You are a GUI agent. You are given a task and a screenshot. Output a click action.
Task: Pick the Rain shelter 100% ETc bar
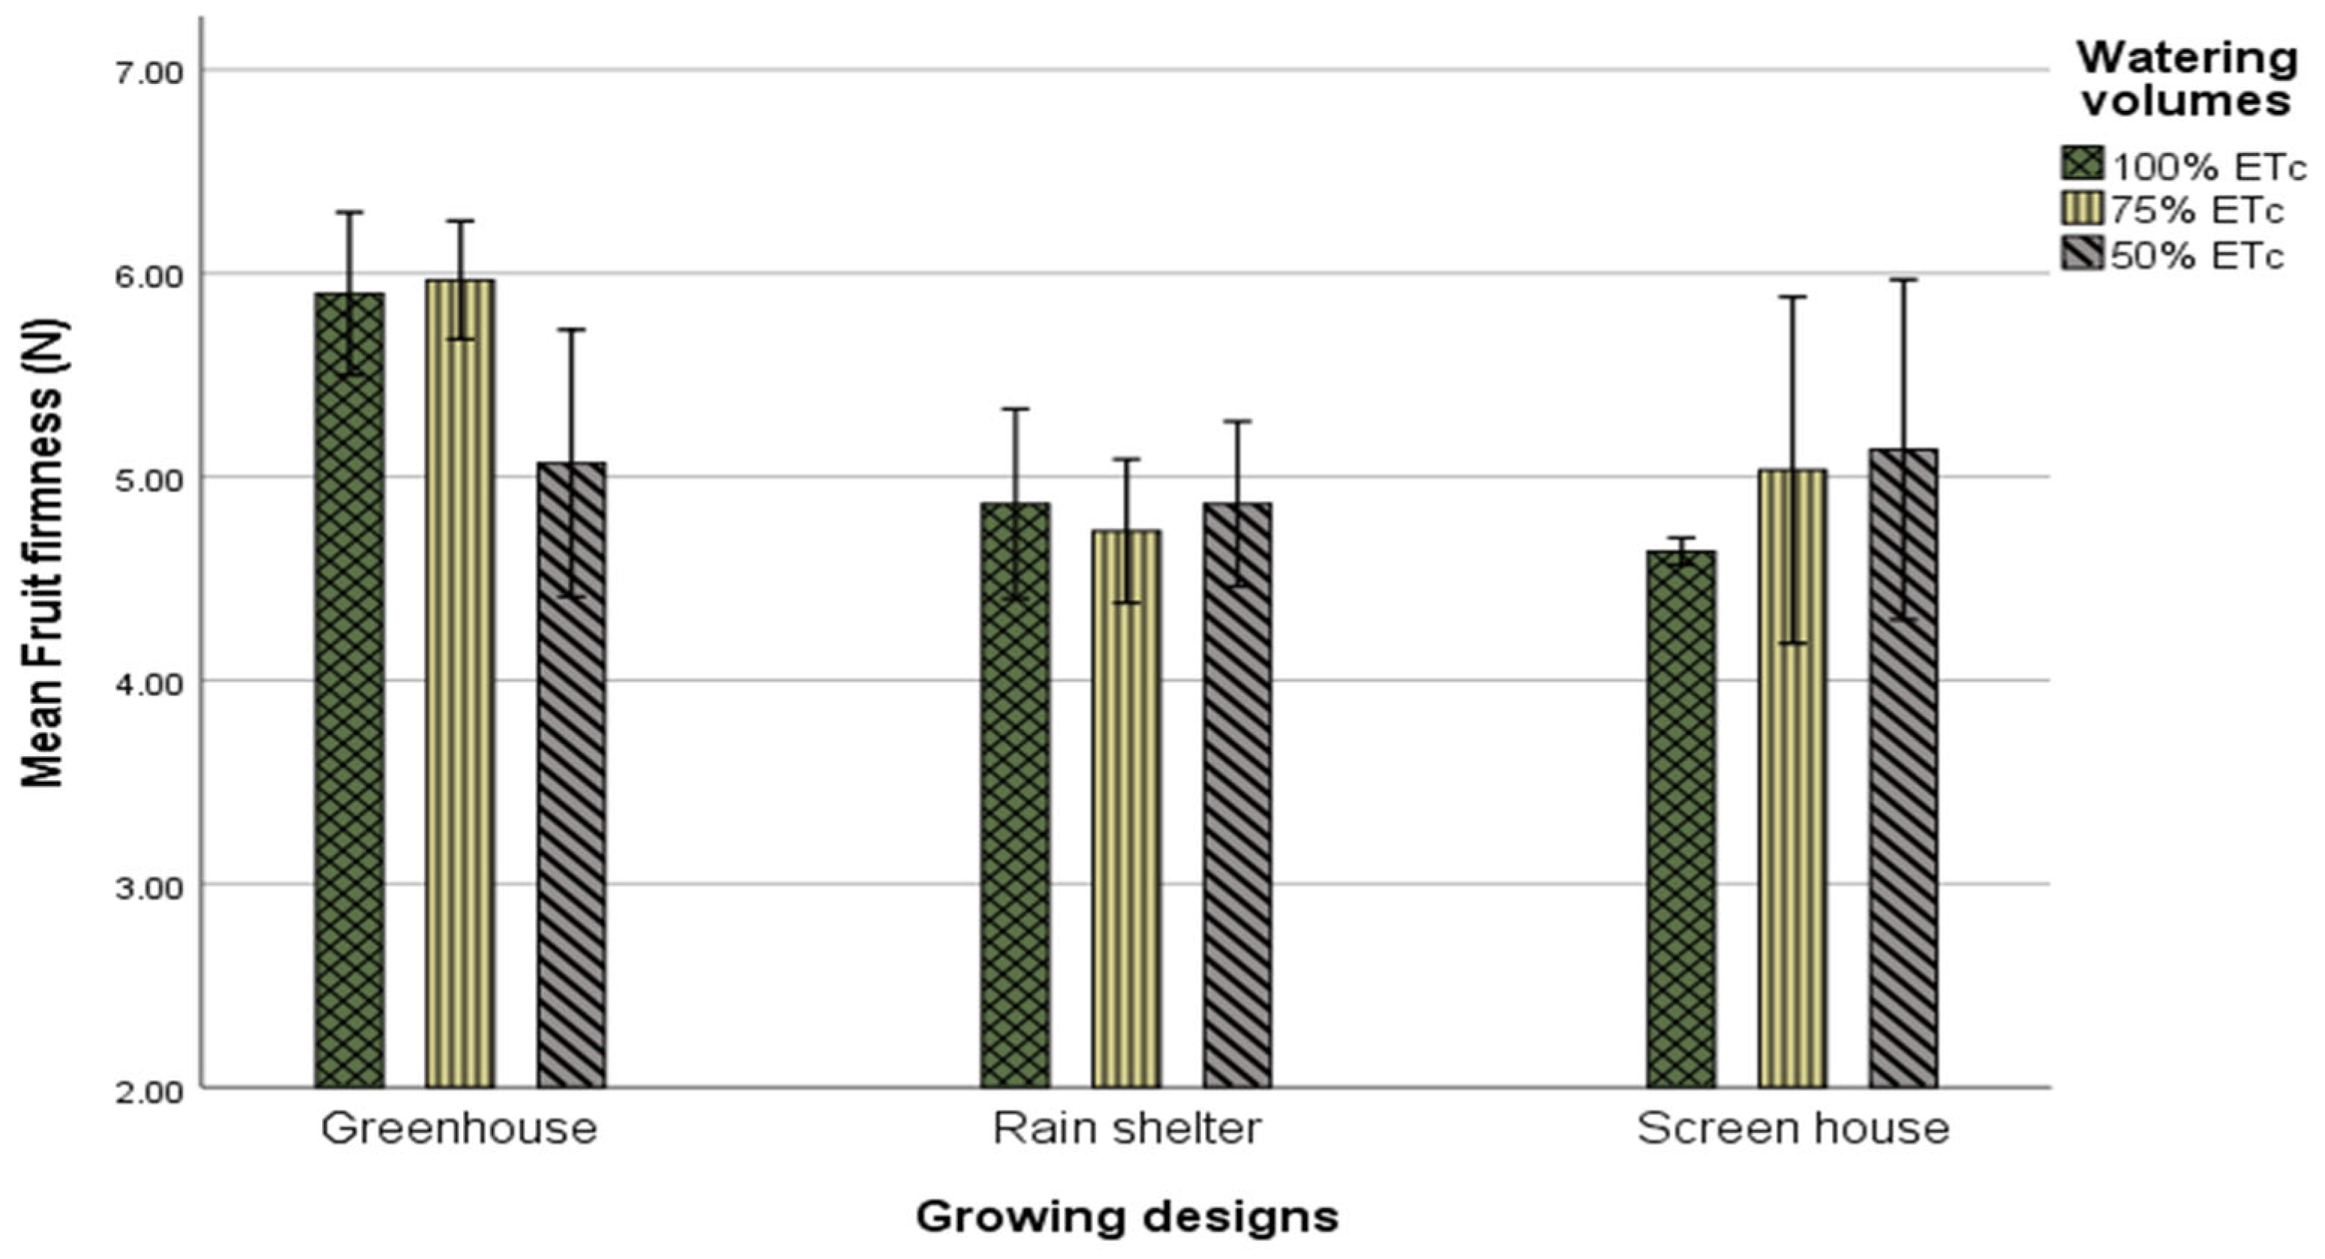click(1016, 795)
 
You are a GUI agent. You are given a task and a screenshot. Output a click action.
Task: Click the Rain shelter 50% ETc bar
click(1237, 795)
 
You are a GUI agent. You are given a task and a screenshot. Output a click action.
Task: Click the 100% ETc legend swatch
click(2082, 164)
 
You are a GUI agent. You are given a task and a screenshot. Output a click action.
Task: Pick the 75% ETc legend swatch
click(2082, 209)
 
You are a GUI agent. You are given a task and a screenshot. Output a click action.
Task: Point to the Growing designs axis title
click(1127, 1216)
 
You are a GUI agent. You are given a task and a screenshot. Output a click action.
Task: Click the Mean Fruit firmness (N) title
click(43, 552)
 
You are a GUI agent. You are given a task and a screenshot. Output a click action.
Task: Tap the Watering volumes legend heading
click(2187, 79)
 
